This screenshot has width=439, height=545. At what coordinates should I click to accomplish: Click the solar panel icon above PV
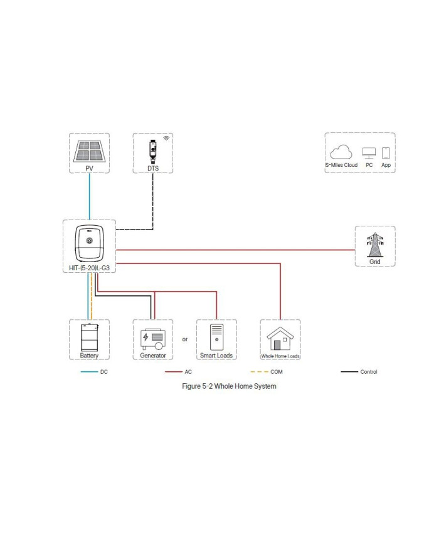tap(89, 151)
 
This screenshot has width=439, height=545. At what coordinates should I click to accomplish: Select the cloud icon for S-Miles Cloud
tap(341, 152)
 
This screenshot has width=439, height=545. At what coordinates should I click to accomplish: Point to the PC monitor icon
tap(369, 153)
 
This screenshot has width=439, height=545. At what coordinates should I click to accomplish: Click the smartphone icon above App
tap(386, 152)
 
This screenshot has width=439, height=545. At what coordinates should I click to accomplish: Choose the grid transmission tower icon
tap(375, 244)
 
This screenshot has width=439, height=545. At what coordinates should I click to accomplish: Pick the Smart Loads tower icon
tap(216, 337)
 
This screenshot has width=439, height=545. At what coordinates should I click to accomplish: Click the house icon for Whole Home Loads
tap(280, 339)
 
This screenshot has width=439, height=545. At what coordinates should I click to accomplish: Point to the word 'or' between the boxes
tap(185, 339)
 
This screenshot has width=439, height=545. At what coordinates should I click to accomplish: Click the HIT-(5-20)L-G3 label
tap(89, 268)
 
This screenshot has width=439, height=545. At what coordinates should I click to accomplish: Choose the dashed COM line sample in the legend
tap(255, 372)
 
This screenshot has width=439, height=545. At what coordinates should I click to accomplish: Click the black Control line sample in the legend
tap(349, 372)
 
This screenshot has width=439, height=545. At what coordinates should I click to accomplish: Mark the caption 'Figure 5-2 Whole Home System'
tap(229, 386)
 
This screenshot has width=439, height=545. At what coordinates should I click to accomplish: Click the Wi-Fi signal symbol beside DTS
tap(166, 137)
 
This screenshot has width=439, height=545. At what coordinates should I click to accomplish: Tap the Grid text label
tap(375, 261)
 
